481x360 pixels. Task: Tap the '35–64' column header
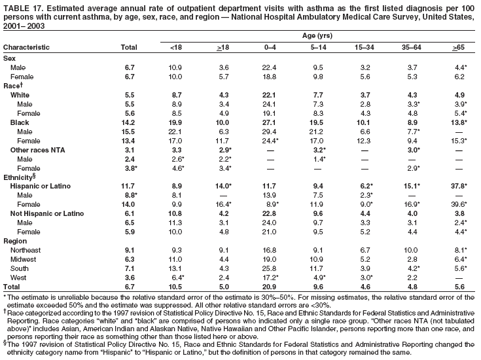407,48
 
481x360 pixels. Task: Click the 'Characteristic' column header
29,48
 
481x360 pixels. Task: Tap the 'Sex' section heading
10,58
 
